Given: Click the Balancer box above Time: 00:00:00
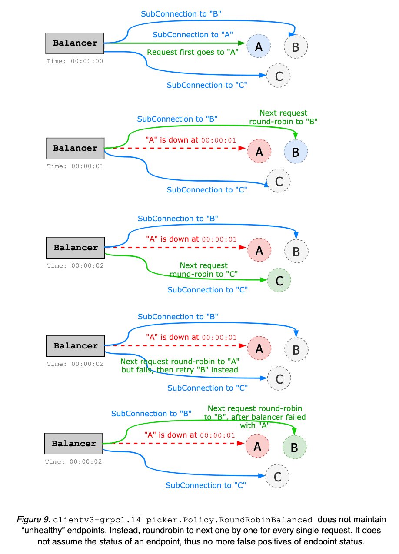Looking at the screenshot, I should pos(75,43).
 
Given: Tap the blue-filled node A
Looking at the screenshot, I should pos(259,46).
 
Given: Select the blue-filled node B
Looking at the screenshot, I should pos(296,152).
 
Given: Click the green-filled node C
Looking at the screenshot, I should pos(279,280).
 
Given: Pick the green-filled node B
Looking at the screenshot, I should pos(294,447).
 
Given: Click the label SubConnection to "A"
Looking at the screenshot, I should pos(193,35).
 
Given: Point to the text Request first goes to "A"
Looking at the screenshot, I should pos(193,52).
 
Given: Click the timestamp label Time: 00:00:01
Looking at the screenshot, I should pos(75,166).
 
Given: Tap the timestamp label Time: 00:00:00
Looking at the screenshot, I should pos(75,61).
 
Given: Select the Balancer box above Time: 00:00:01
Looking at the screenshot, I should pos(75,148).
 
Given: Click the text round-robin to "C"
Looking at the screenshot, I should pos(203,274).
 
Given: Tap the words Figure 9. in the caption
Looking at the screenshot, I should pos(33,520).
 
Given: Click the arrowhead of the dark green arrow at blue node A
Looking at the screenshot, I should pos(243,43).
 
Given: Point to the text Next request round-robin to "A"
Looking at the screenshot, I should pos(180,362).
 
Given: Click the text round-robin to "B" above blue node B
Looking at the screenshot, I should pos(283,122).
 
